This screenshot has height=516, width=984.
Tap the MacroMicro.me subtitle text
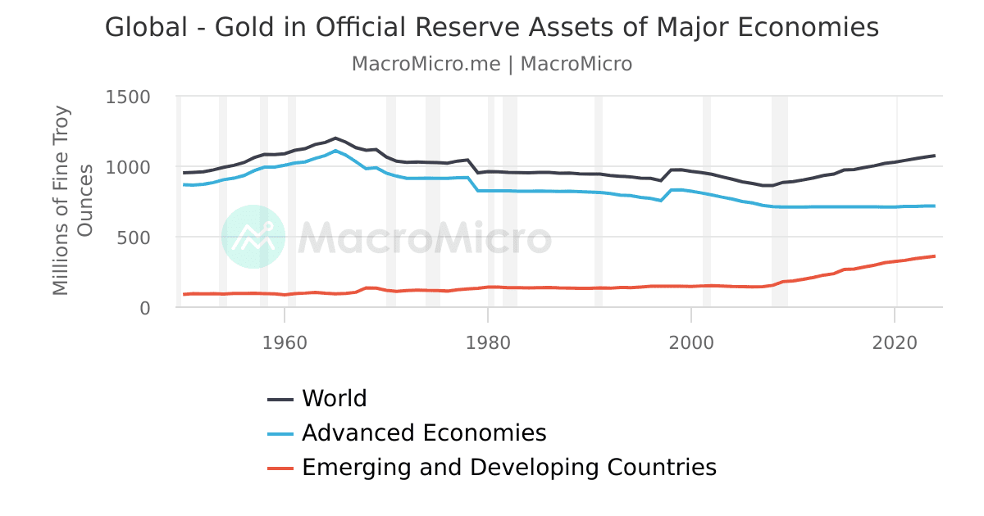pos(426,64)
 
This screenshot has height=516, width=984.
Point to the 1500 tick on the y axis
pos(129,97)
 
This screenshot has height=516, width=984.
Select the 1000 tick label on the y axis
pos(129,167)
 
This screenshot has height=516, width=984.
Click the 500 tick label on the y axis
pos(134,238)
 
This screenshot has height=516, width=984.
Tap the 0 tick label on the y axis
pos(145,308)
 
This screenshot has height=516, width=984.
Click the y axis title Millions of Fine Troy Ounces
pos(72,201)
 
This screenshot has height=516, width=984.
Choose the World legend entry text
pos(334,399)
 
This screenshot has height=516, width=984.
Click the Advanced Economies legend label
pos(424,433)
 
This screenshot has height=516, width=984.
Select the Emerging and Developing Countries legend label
pos(509,468)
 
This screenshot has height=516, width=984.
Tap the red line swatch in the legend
pos(280,468)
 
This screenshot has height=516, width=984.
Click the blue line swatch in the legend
pos(280,434)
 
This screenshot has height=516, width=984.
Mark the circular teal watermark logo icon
pos(253,237)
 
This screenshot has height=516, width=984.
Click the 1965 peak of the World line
pos(335,138)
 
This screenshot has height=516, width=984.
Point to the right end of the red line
pos(934,256)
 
